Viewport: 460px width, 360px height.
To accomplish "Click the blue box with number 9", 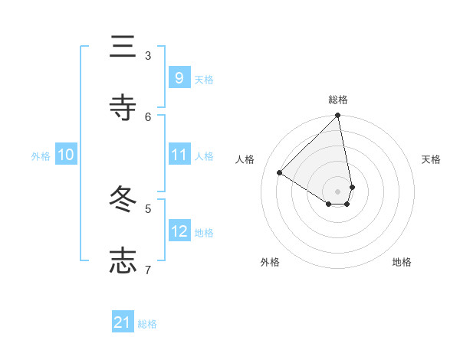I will pos(179,78).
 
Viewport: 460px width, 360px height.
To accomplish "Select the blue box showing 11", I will pos(179,155).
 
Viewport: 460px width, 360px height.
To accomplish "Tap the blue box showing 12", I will pos(179,231).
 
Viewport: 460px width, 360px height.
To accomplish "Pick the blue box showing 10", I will pos(66,155).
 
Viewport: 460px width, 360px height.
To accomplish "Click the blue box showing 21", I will pos(123,323).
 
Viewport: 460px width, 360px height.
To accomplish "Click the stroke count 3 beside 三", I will pos(148,55).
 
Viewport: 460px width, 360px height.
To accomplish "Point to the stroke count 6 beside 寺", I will pos(148,116).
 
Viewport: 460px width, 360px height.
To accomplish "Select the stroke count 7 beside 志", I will pos(148,269).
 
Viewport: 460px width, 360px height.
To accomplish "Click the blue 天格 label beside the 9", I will pos(204,79).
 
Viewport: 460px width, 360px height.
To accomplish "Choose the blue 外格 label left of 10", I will pos(41,155).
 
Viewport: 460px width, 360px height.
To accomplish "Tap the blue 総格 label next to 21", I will pos(147,324).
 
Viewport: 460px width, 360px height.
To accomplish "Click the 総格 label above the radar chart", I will pos(338,100).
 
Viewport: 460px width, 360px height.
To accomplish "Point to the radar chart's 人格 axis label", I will pos(245,159).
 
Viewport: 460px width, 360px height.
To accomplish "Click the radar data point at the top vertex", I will pos(338,116).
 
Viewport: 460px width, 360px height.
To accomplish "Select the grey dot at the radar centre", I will pos(338,191).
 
